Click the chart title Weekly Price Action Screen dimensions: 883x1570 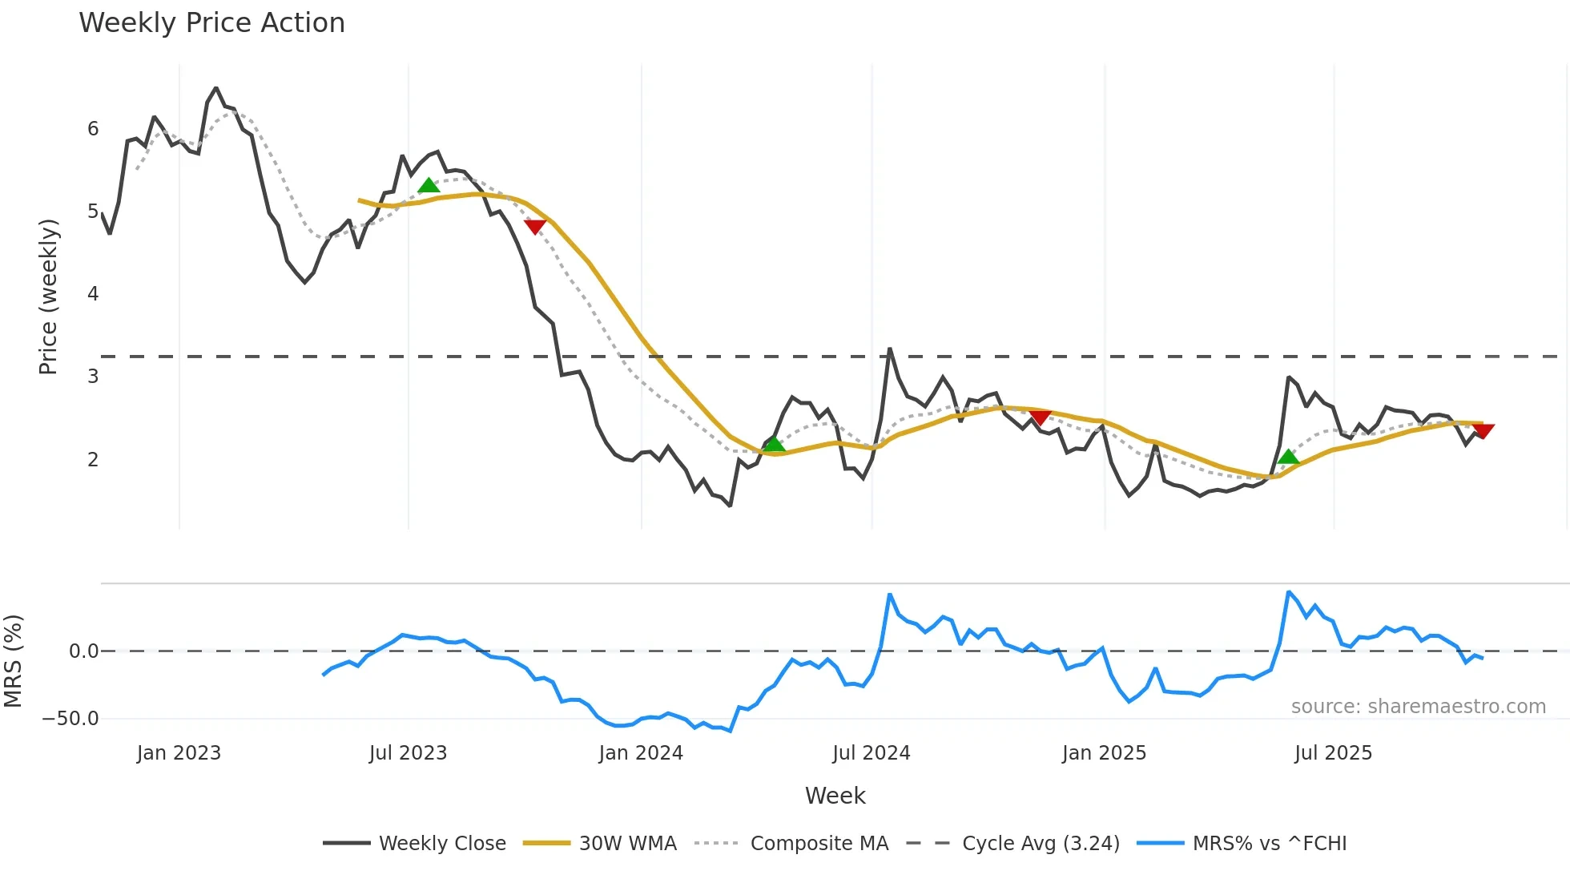(211, 23)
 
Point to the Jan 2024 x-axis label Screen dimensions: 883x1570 (641, 753)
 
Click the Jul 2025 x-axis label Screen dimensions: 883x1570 (1333, 753)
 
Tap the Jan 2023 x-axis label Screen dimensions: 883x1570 (179, 753)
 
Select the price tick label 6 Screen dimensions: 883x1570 (93, 129)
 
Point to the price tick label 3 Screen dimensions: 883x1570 (93, 377)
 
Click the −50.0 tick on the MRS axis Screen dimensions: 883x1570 (70, 719)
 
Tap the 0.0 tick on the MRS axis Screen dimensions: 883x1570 (83, 651)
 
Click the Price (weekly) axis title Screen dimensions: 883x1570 (48, 296)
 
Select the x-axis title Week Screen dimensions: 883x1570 (835, 796)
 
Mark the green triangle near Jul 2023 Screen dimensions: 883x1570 (429, 186)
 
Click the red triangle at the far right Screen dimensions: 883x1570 (1483, 431)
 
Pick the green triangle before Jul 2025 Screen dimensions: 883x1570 (1288, 458)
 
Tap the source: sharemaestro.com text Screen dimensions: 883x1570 (1418, 707)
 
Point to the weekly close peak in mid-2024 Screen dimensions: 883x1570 (889, 349)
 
